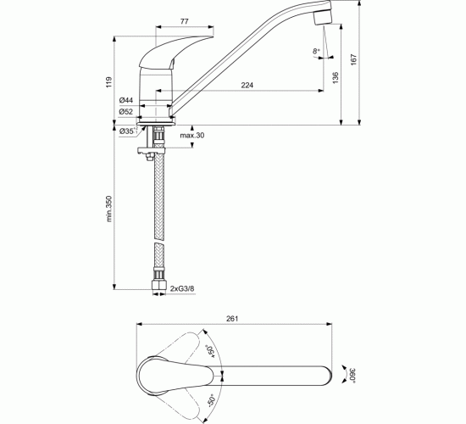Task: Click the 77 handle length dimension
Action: click(184, 21)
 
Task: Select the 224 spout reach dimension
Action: click(247, 86)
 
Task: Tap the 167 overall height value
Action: click(353, 60)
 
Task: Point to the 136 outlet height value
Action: click(336, 78)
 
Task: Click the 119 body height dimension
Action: click(109, 82)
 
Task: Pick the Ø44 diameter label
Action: click(126, 100)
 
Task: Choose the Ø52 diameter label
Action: click(126, 112)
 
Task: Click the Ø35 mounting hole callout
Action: click(129, 131)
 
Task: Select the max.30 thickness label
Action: click(192, 136)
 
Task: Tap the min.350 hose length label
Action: click(109, 209)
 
